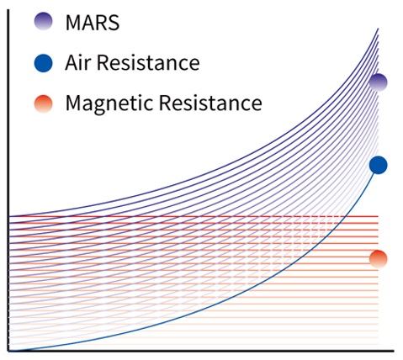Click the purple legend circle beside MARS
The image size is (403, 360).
[43, 21]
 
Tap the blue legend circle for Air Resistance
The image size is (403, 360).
[43, 63]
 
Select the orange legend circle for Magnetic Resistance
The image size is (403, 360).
[43, 103]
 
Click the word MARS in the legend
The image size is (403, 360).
[93, 23]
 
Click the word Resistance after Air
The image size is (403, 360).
[148, 62]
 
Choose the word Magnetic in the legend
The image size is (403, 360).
[109, 103]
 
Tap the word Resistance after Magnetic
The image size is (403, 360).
[210, 103]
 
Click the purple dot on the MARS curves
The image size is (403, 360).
[379, 82]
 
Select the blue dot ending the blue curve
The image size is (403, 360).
[379, 165]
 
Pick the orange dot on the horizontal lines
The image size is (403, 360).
[379, 259]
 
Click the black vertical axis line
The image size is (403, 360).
[8, 180]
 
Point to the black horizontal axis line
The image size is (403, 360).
[201, 351]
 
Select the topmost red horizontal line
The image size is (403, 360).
[194, 216]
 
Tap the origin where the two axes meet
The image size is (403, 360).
[8, 351]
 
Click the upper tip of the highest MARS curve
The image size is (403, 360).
[378, 29]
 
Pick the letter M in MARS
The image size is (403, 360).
[72, 23]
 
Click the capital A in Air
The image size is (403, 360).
[72, 62]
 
